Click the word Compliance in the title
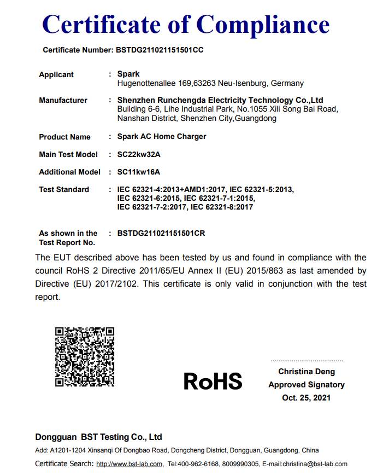pos(263,24)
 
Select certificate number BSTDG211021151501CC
pos(160,50)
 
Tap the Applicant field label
pos(56,74)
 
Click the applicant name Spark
pos(128,74)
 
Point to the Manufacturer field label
pos(63,100)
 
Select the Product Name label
pos(64,137)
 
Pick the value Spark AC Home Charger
pos(162,136)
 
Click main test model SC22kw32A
pos(139,154)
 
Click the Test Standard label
pos(64,189)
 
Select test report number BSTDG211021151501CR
pos(161,233)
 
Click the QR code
pos(85,357)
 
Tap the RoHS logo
pos(213,381)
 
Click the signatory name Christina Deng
pos(307,371)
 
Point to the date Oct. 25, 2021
pos(307,398)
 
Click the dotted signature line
pos(307,361)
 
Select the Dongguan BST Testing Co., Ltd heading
pos(99,437)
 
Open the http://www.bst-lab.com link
pos(129,465)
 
